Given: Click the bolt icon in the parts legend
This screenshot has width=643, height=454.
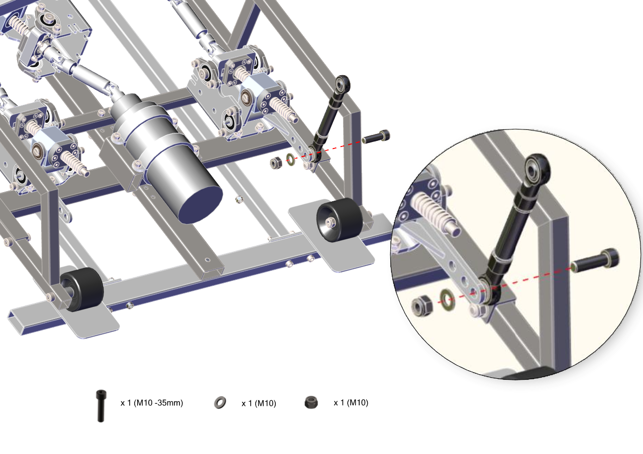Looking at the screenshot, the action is (x=101, y=406).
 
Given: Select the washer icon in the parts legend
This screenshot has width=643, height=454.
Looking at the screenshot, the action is (x=220, y=403).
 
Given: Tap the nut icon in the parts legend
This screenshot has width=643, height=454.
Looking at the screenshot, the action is (x=311, y=402).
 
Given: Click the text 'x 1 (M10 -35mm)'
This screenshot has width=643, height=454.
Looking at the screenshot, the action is (x=152, y=403).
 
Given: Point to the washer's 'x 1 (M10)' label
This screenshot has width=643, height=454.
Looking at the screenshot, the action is (x=259, y=403).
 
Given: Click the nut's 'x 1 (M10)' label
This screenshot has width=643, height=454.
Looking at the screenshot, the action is (x=351, y=403).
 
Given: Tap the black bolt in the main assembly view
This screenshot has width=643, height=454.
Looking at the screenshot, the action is (x=376, y=137).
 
